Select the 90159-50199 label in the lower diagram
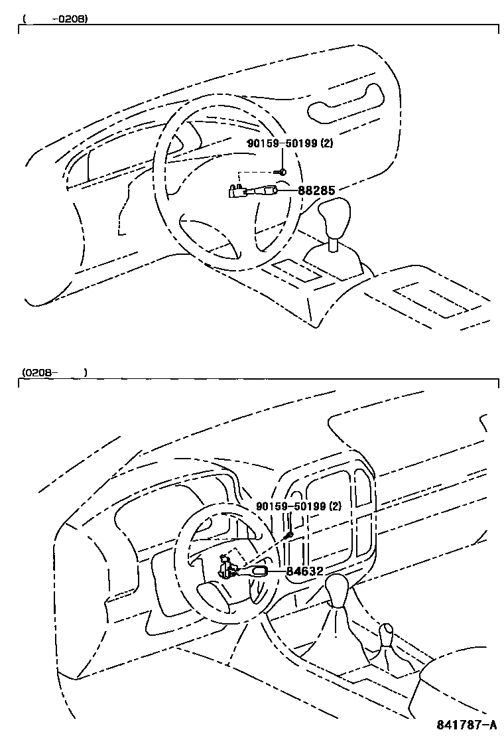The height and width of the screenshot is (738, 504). [x=290, y=506]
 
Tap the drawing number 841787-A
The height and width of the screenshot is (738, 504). [x=466, y=724]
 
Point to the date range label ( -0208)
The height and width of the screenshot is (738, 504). [x=56, y=19]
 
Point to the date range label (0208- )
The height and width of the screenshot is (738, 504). [x=53, y=373]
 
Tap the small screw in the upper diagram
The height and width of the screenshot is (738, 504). [x=282, y=172]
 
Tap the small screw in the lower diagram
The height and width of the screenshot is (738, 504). [x=288, y=535]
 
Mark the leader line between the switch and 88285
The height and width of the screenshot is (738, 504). [x=287, y=191]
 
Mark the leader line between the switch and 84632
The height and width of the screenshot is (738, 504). [x=278, y=571]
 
